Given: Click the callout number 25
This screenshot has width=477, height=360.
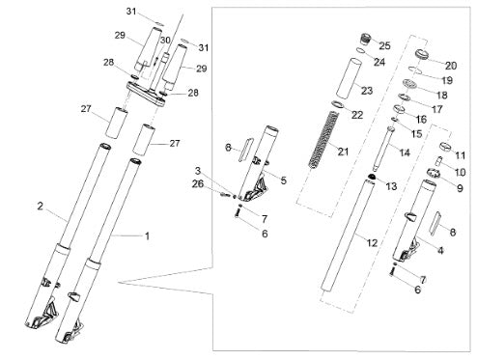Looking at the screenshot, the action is coord(384,45).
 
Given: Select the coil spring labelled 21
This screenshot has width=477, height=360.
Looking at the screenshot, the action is coord(324,140).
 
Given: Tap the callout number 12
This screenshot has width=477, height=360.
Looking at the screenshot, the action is coord(372,243).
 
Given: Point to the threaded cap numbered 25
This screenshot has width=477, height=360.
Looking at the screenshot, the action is coord(365,39).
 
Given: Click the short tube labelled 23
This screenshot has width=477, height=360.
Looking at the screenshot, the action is coord(350,79).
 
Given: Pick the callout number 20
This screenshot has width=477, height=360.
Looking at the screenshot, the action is coord(451,66).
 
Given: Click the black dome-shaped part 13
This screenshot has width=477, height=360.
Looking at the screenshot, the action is coord(371,177).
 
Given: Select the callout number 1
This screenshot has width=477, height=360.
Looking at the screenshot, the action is coord(147,236).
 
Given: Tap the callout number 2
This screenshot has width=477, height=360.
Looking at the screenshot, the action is coord(40,207).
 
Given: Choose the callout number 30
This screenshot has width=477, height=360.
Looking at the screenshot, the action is coord(165,41).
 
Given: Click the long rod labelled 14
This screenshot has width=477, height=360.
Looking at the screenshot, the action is coord(383,149).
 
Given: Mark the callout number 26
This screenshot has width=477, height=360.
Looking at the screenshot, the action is coord(198,184).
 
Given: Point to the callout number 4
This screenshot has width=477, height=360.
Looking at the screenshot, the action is coord(440,250).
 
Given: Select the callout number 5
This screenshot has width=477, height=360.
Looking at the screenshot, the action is coord(283,180).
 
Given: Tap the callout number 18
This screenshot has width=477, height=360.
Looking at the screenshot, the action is coord(442,95).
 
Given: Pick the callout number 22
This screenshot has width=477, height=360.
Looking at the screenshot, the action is coord(357,115).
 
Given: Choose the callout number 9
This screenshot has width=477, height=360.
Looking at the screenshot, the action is coord(460,188).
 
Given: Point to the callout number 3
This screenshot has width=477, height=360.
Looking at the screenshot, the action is coord(198,171).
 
